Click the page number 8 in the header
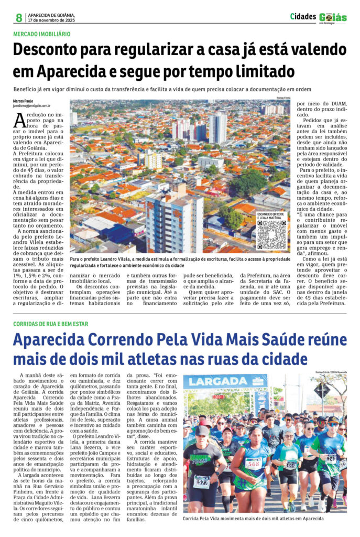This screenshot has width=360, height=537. (x=19, y=18)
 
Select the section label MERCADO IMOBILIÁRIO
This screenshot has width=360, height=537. (x=42, y=34)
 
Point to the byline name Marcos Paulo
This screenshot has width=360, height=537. (x=24, y=101)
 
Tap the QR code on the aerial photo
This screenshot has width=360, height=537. (x=272, y=234)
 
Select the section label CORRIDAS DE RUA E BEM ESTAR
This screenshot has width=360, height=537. (x=51, y=324)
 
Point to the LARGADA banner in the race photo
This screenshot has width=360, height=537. (x=217, y=382)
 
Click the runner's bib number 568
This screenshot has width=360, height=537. (x=253, y=463)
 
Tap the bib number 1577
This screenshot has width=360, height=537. (x=201, y=482)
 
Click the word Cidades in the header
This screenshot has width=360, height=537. (x=303, y=17)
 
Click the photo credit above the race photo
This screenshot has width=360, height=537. (x=331, y=372)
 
